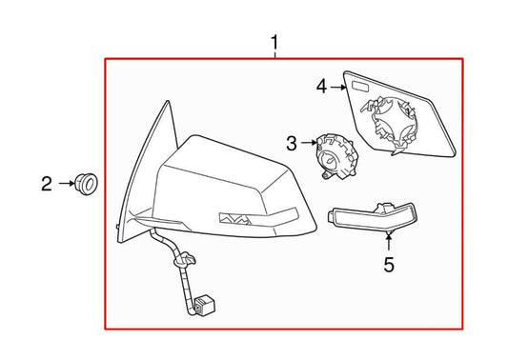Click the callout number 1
click(x=275, y=42)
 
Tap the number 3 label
click(x=292, y=145)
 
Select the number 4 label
click(x=322, y=88)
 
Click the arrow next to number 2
click(x=66, y=182)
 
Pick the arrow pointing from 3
click(x=310, y=145)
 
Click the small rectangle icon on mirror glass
click(x=362, y=89)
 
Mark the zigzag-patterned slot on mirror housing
click(x=234, y=218)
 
